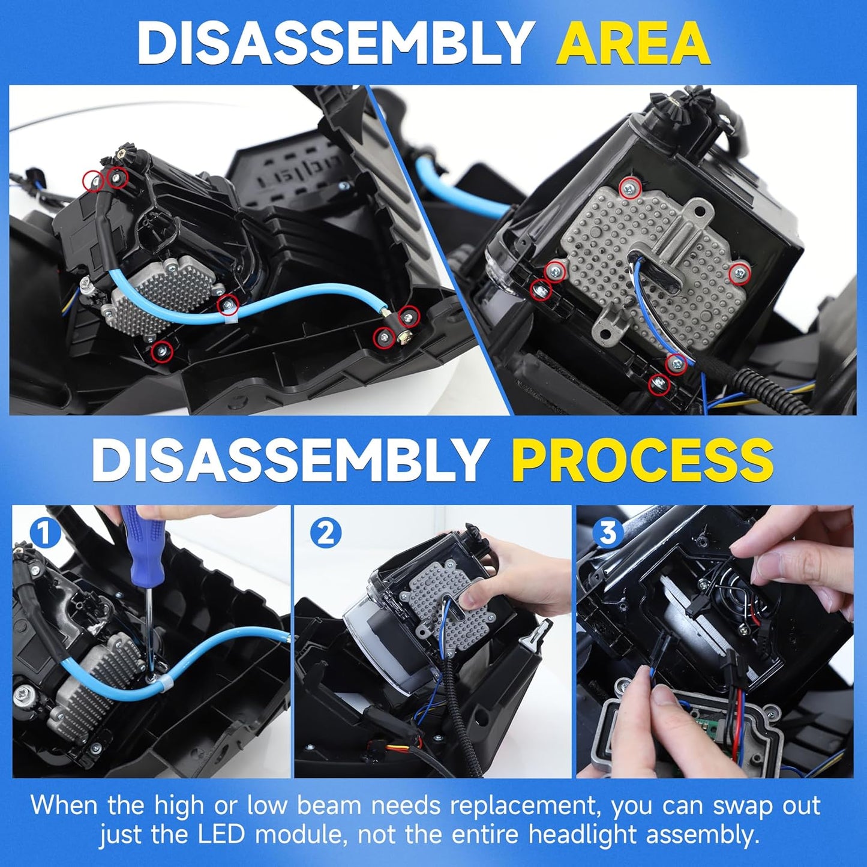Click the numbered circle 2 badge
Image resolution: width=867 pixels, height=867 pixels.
tap(326, 533)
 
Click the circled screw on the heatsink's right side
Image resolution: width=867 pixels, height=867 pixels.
tap(739, 274)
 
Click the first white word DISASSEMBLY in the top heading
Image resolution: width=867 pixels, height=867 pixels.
tap(332, 46)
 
